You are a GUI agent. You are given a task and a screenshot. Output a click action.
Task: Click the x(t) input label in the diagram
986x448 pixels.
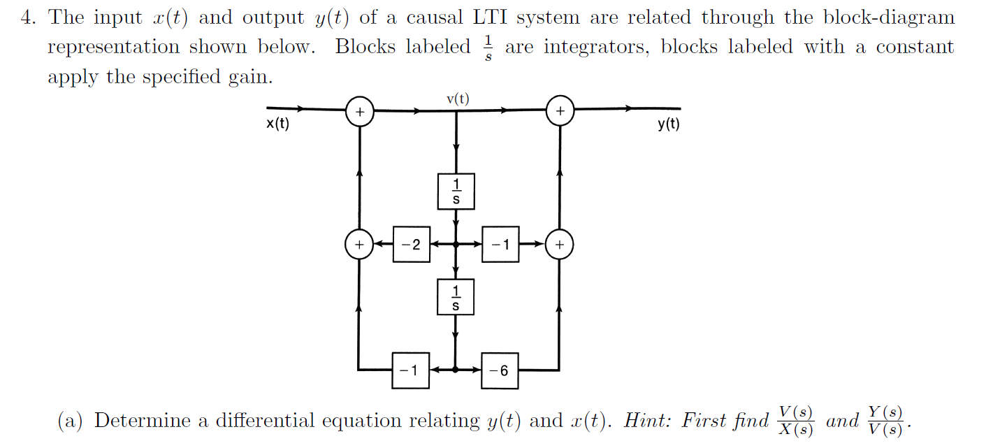[x=277, y=125]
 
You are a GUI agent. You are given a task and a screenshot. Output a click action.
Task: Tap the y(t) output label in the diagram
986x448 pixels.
[x=668, y=125]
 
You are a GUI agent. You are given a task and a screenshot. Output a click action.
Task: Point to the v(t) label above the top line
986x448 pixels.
[x=457, y=98]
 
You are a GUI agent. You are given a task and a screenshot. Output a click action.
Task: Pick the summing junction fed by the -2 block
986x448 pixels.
[x=359, y=245]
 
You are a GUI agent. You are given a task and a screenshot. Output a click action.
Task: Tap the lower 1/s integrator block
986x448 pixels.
[x=456, y=298]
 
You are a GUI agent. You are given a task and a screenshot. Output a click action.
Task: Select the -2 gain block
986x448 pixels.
[x=411, y=245]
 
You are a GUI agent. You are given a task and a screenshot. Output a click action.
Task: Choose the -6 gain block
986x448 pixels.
[x=500, y=370]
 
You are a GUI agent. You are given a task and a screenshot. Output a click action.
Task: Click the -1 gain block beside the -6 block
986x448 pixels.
[x=410, y=370]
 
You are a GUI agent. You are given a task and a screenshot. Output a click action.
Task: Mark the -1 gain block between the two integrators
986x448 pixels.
[x=500, y=245]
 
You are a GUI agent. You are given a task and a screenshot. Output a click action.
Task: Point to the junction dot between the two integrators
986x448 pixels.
[x=456, y=245]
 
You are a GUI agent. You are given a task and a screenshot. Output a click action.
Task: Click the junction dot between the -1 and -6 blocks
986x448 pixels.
[x=456, y=370]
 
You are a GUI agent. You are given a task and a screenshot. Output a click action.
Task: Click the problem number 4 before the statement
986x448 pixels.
[x=26, y=17]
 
